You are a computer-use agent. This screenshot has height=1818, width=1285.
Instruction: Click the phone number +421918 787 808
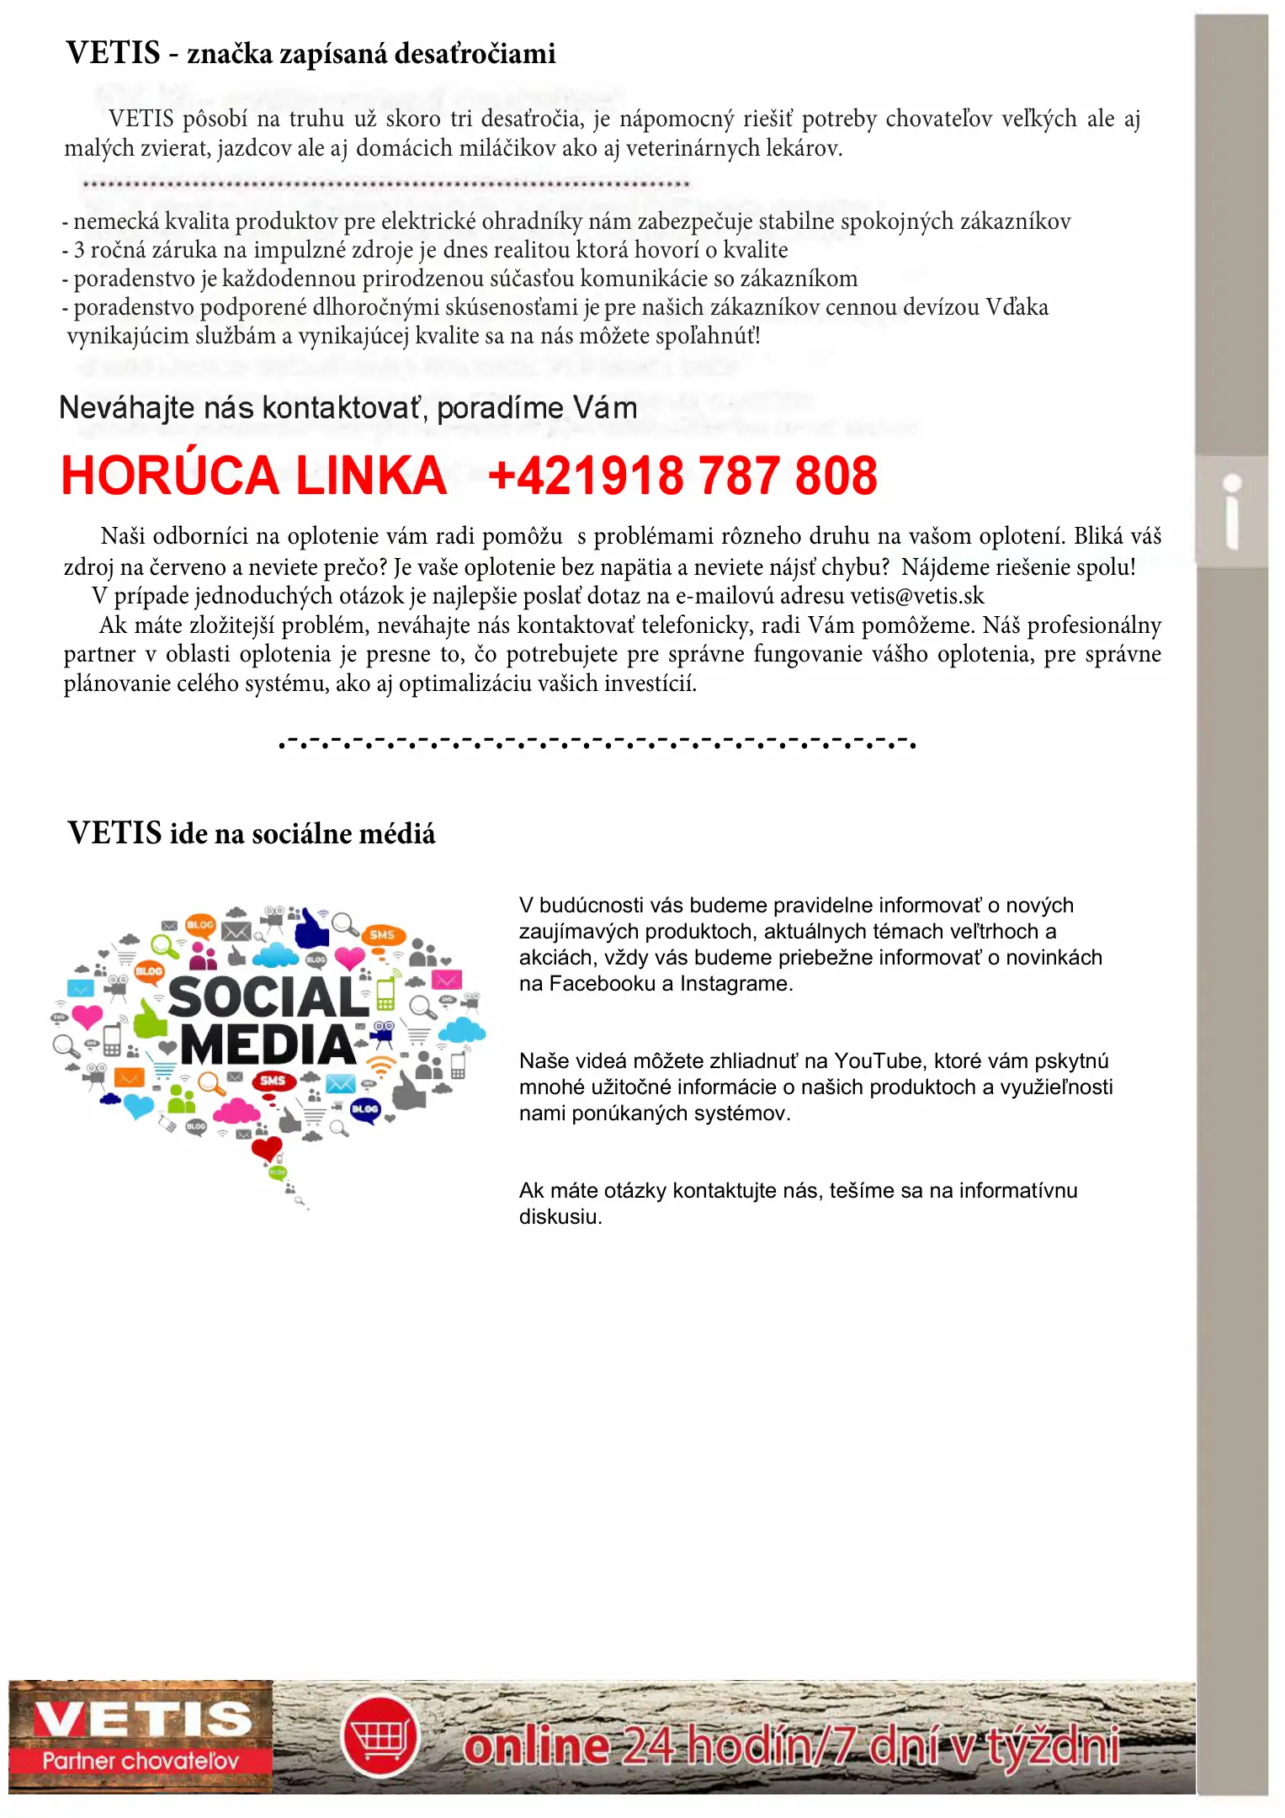(x=682, y=476)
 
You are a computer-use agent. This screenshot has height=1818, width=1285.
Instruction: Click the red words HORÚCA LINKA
(x=253, y=476)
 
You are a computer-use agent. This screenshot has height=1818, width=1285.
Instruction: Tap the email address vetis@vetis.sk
(x=916, y=596)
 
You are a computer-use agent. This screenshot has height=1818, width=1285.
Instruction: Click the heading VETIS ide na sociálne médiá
(x=252, y=833)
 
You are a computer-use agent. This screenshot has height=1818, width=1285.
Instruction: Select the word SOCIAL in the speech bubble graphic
(x=268, y=997)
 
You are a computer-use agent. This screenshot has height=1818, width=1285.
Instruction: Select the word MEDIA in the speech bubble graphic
(x=268, y=1045)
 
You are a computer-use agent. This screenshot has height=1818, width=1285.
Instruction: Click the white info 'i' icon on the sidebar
(x=1232, y=512)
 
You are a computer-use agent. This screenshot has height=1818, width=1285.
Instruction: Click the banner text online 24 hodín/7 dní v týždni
(x=791, y=1746)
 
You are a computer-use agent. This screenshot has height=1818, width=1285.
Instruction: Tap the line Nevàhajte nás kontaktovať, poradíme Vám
(x=348, y=408)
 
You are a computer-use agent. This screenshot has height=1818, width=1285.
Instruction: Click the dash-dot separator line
(x=597, y=742)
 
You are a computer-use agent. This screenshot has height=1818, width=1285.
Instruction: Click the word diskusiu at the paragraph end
(x=560, y=1216)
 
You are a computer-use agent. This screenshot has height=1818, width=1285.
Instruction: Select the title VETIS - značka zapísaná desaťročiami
(x=311, y=53)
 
